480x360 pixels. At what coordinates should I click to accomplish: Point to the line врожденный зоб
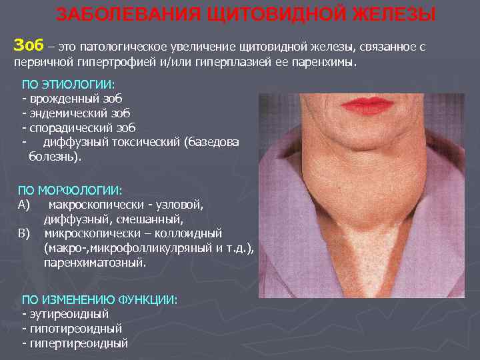point(69,99)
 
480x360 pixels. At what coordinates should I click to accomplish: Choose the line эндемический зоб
point(77,113)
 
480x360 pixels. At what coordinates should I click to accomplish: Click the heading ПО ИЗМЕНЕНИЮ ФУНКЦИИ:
point(100,300)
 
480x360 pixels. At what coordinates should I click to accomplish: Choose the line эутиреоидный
point(67,313)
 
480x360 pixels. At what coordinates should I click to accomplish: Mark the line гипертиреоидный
point(77,343)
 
